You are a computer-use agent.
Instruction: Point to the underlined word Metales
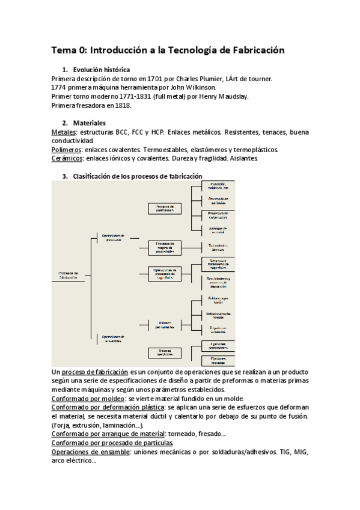click(x=64, y=132)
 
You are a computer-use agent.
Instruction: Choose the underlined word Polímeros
click(x=67, y=149)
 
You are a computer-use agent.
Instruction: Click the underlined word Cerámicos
click(x=67, y=158)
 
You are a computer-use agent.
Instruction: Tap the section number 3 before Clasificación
click(x=65, y=176)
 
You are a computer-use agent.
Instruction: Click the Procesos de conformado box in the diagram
click(x=165, y=208)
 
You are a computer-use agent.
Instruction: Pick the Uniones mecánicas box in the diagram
click(x=165, y=353)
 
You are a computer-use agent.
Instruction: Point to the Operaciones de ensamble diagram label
click(x=113, y=338)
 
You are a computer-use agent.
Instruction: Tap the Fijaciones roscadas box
click(x=218, y=360)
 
